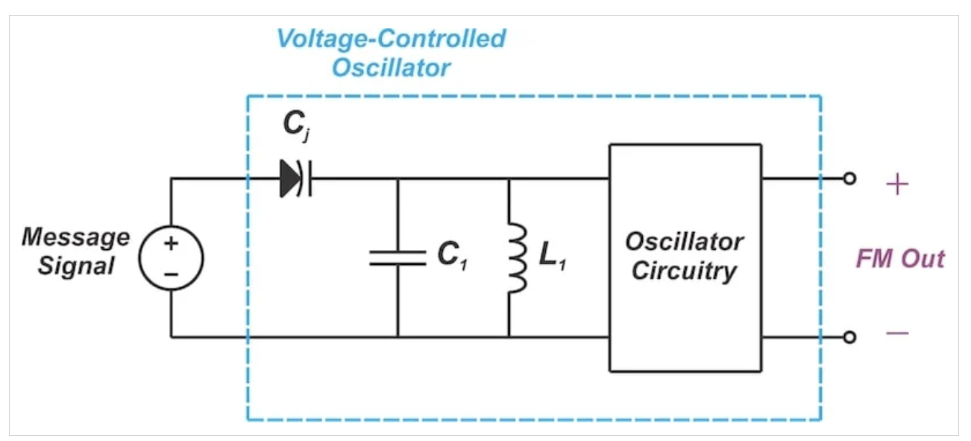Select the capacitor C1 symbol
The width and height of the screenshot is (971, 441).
397,257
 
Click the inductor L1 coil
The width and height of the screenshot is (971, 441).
517,257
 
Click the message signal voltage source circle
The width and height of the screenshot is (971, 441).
172,258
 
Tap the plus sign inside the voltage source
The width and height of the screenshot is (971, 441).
172,243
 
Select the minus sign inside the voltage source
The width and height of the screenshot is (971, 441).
172,274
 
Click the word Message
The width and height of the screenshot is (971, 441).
75,237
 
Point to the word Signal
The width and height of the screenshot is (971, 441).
77,266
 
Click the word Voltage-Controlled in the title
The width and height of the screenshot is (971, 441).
391,39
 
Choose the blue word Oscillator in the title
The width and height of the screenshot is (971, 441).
391,67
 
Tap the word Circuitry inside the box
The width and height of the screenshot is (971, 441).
684,271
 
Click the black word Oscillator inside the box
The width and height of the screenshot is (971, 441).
684,242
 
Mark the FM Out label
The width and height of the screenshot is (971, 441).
899,259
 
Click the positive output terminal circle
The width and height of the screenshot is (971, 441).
849,179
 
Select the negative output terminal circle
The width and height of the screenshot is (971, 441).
849,337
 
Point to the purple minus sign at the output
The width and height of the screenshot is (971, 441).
896,332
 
